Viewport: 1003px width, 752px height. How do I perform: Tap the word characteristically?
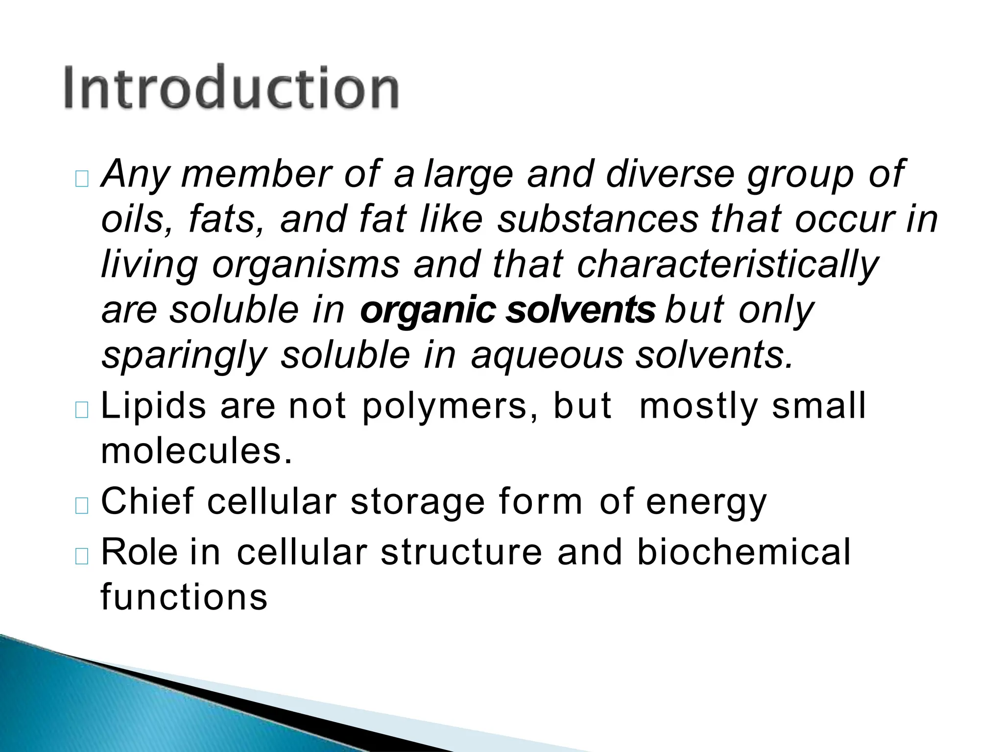tap(728, 265)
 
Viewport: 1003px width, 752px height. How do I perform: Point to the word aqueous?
tap(547, 355)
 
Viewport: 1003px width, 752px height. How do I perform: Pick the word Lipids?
tap(153, 406)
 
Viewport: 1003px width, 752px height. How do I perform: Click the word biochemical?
tap(744, 552)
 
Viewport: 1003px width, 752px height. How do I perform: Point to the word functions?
tap(184, 597)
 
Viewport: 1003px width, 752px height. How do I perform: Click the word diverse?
tap(670, 174)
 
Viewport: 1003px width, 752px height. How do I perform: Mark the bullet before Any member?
tap(82, 179)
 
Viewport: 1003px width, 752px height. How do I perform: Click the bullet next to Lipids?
tap(82, 410)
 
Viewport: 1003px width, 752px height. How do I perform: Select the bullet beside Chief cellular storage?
tap(82, 506)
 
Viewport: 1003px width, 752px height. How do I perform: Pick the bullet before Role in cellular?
tap(82, 556)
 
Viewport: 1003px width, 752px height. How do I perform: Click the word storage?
tap(417, 503)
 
